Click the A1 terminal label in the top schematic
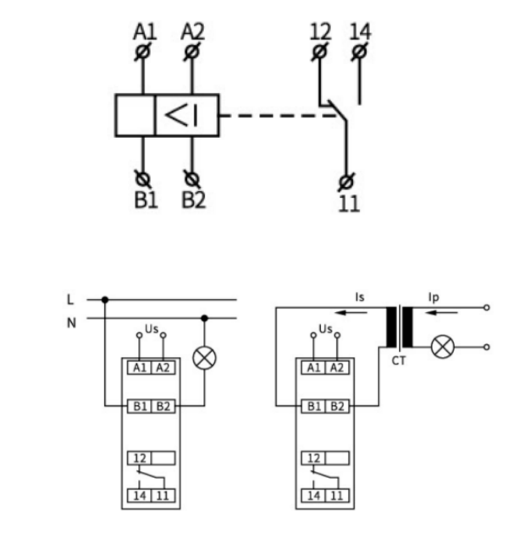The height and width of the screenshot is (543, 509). pos(145,32)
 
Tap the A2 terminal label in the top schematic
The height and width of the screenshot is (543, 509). pos(193,32)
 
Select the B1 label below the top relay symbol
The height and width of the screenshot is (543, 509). pos(146,200)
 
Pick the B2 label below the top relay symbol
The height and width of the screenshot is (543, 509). pos(194,200)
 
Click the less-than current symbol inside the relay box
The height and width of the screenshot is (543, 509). pos(181,115)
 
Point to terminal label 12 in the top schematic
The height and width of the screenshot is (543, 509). pos(320,32)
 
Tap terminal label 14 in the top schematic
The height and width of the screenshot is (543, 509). pos(360,32)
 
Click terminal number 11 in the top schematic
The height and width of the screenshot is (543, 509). pos(349,204)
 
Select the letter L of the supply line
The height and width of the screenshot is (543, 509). pos(70,299)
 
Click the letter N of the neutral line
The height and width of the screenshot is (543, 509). pos(71,323)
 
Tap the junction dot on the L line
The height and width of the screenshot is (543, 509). pos(105,299)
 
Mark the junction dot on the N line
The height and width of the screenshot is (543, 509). pos(205,318)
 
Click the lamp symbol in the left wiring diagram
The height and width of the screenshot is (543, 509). pos(205,358)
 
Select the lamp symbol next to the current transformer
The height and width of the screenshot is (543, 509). pos(443,347)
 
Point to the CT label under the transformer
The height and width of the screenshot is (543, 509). pos(399,361)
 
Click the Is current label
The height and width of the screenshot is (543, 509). pos(360,297)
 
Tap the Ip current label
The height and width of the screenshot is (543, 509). pos(434,298)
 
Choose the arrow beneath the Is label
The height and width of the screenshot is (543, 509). pos(351,313)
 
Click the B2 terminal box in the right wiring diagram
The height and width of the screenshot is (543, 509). pos(337,406)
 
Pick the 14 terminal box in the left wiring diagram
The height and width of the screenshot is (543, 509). pos(140,496)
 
